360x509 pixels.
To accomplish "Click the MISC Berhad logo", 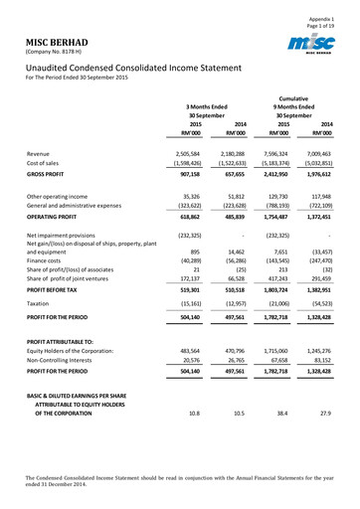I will tap(315, 47).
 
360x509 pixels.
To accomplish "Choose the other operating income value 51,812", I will tap(235, 200).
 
